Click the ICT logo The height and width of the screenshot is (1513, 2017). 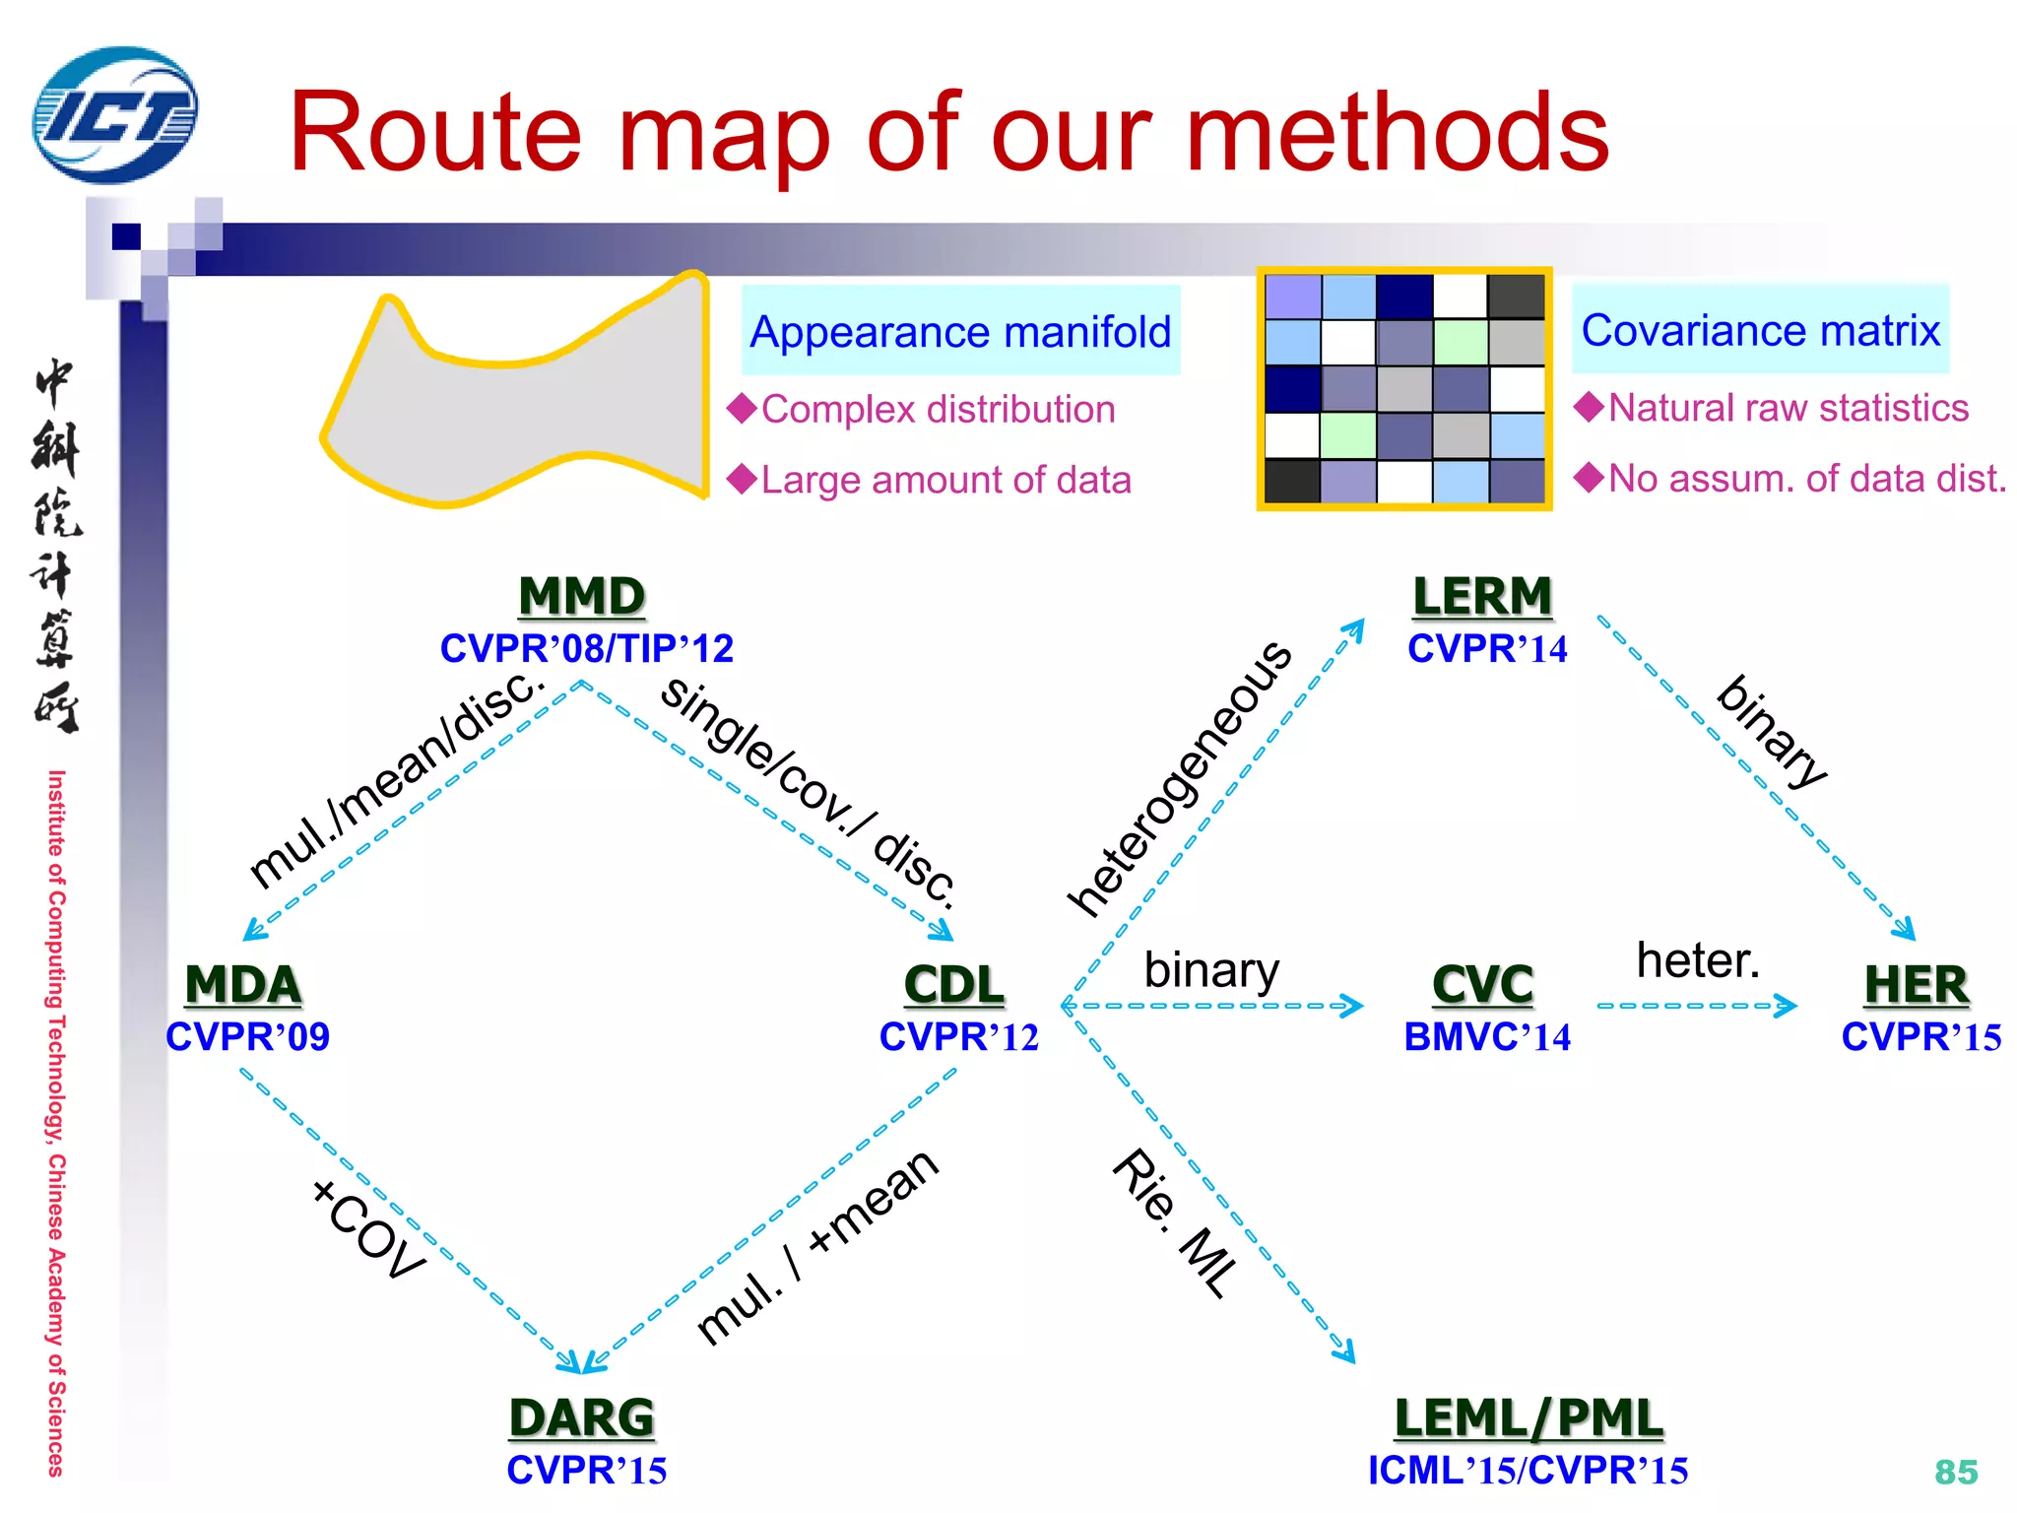(x=115, y=115)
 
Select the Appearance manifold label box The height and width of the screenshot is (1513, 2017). (x=960, y=331)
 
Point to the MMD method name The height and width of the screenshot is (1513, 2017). (x=581, y=596)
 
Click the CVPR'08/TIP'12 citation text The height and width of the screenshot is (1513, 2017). (x=586, y=648)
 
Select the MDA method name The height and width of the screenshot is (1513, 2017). (x=243, y=984)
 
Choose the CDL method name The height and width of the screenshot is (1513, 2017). (x=953, y=984)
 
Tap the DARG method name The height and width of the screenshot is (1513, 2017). (x=581, y=1417)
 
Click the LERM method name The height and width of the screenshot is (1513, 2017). (x=1482, y=596)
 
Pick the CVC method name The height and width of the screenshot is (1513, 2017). (x=1482, y=984)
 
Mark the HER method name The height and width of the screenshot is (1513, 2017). (x=1917, y=984)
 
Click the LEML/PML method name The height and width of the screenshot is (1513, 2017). (x=1529, y=1417)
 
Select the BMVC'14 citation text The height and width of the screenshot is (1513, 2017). (x=1487, y=1037)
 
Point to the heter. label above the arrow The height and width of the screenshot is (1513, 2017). (x=1697, y=959)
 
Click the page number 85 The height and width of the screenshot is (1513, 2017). (x=1956, y=1472)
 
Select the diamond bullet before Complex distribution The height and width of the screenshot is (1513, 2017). (x=742, y=408)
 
